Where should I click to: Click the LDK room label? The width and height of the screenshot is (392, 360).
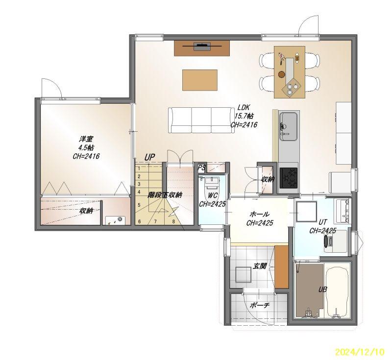coord(244,107)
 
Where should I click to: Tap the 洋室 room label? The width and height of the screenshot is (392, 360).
coord(86,139)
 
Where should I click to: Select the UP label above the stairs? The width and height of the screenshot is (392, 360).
coord(149,157)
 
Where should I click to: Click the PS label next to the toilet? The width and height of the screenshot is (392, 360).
coord(201,168)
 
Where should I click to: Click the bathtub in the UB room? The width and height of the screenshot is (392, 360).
coord(338,290)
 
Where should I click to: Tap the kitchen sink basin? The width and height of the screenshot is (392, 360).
coord(288,127)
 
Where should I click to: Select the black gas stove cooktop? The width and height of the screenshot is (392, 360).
coord(289,178)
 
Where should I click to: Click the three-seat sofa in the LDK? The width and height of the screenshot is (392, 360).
coord(200,120)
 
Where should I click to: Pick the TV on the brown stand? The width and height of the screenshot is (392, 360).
coord(202,46)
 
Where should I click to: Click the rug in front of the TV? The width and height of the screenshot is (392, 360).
coord(200,80)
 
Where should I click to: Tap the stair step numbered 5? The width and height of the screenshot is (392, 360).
coord(139,205)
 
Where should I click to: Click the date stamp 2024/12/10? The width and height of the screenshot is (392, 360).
coord(359,352)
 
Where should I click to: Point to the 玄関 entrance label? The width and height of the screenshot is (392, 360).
coord(260,266)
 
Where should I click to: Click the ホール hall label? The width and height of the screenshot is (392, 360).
coord(260,214)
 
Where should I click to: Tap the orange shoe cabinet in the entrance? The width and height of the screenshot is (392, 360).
coord(281,266)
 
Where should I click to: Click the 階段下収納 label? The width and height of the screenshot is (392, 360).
coord(165,195)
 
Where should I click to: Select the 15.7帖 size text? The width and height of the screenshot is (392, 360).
coord(244,116)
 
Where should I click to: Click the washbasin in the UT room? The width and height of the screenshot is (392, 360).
coord(342,211)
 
